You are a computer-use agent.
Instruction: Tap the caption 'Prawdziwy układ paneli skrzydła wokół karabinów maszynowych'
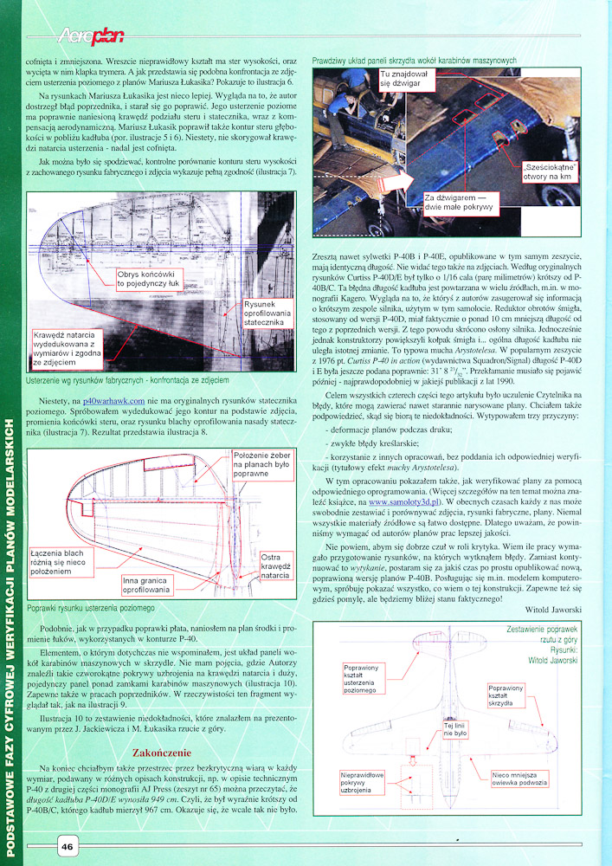click(415, 61)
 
